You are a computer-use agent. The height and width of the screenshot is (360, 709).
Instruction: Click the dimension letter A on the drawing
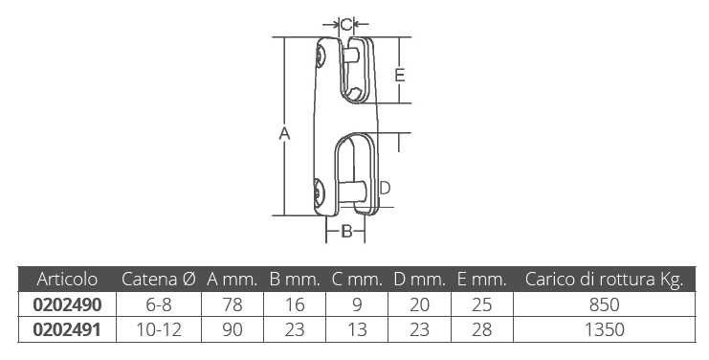284,134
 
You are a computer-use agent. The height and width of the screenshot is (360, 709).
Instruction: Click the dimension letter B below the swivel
346,231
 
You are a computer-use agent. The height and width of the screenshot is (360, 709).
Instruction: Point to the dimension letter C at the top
346,25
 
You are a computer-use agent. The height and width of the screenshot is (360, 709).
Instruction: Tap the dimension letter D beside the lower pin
385,188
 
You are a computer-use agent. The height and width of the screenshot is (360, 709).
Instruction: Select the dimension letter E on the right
400,75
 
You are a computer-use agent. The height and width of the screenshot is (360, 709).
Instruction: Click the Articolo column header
67,279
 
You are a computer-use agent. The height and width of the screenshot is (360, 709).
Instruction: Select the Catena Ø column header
158,279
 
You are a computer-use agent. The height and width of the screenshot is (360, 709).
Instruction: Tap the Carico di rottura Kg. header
604,280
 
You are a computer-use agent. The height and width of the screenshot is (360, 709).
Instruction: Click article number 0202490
67,304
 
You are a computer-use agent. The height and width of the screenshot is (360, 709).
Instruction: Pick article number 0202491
67,329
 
